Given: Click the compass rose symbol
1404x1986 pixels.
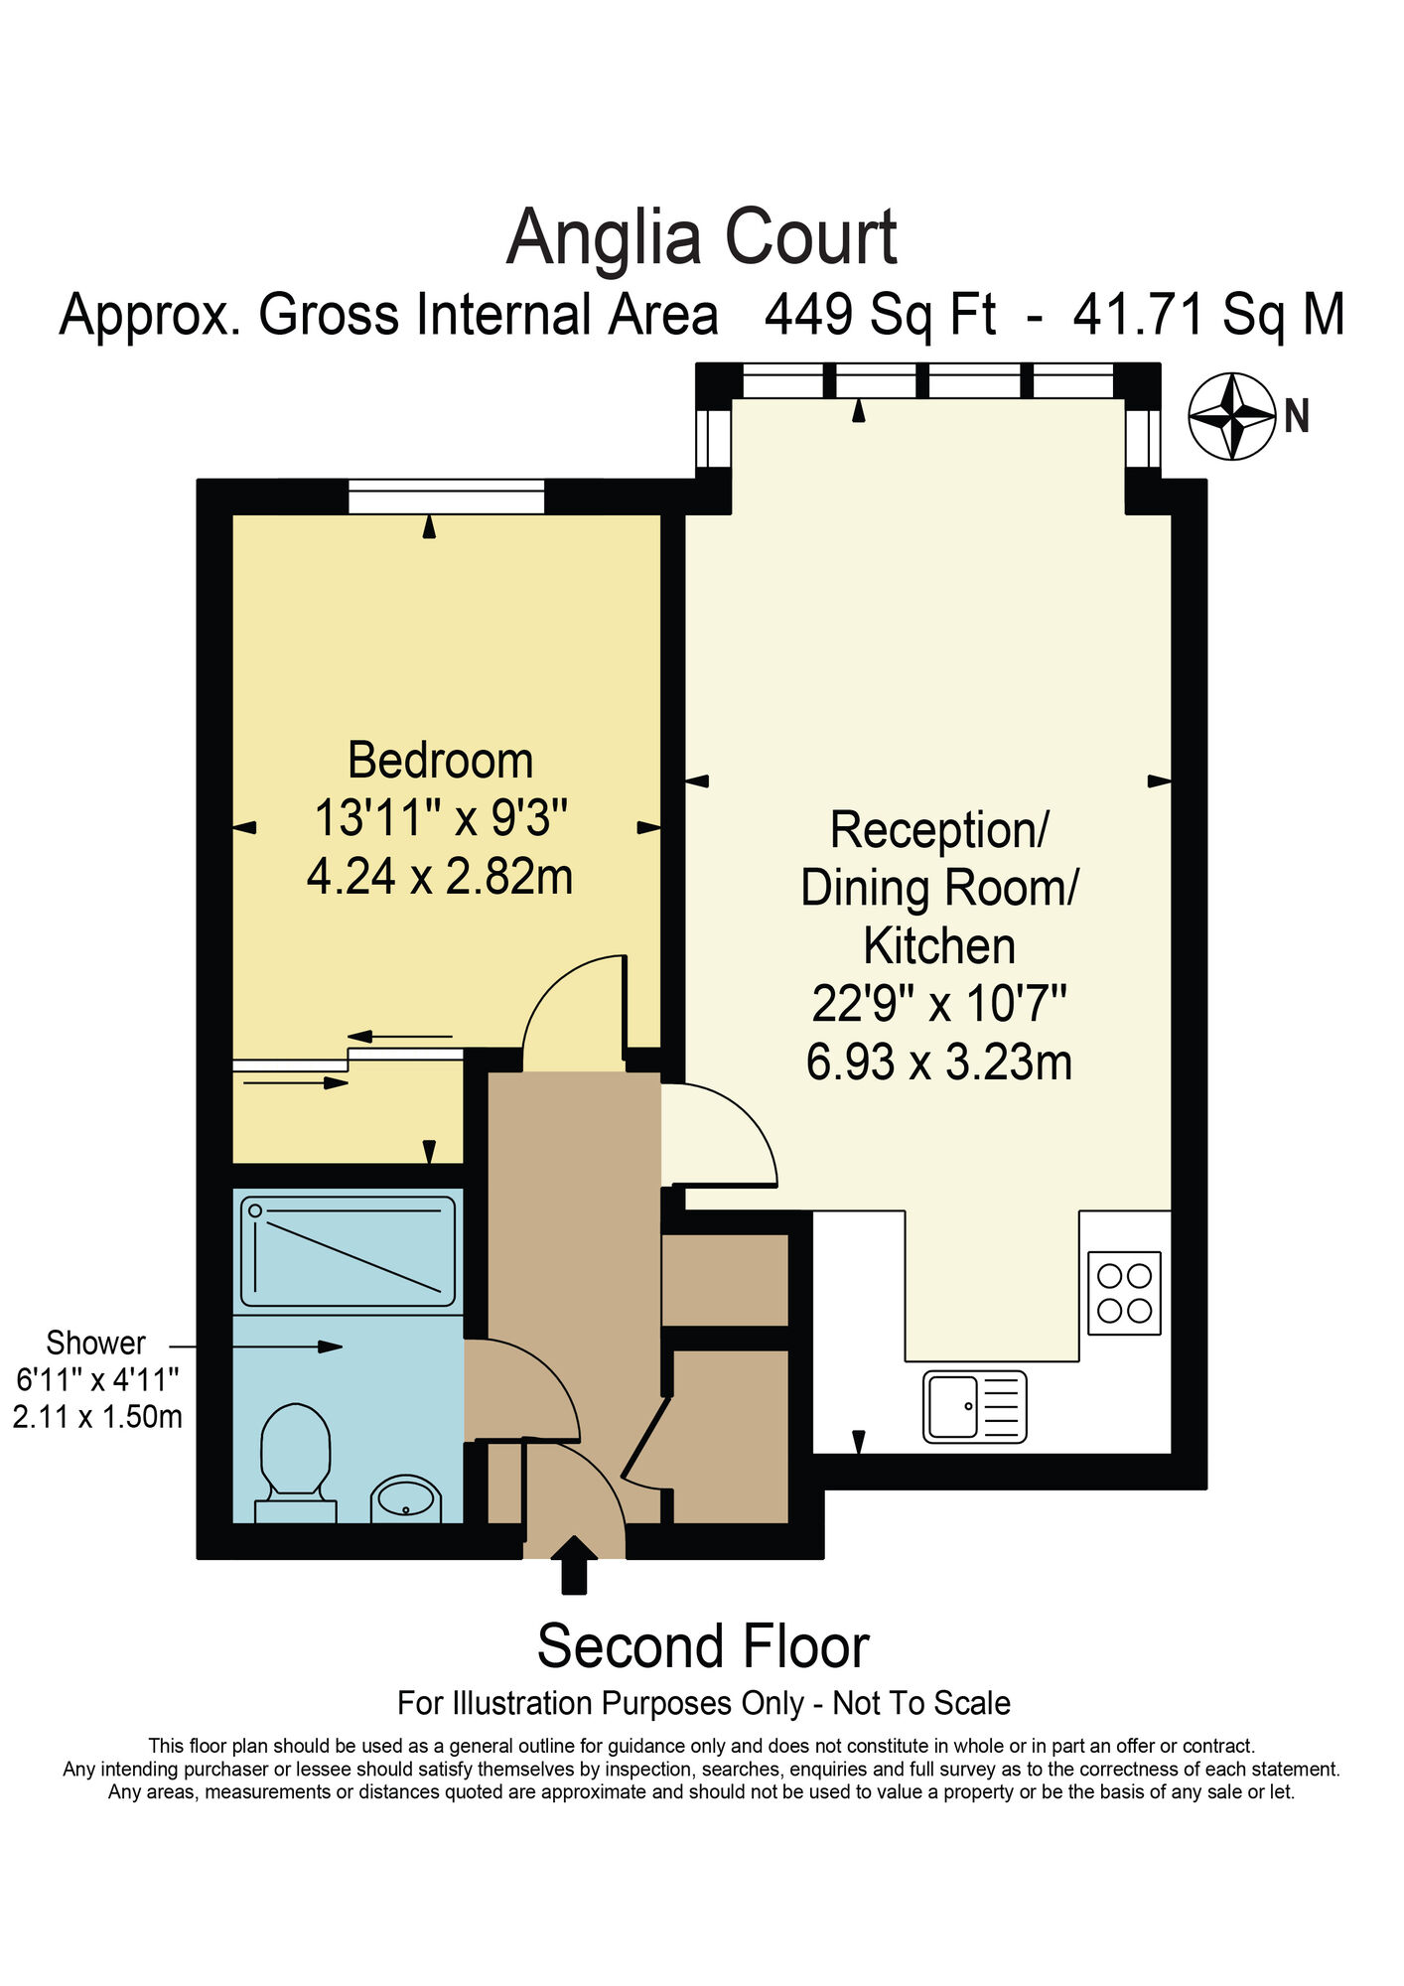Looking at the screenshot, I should (1231, 416).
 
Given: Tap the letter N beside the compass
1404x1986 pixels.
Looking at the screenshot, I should (1297, 416).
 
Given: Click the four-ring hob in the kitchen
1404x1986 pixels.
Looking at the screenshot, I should (1124, 1293).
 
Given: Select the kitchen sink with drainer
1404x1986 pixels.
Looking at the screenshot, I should (974, 1406).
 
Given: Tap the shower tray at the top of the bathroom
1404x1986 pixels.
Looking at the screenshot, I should (348, 1251).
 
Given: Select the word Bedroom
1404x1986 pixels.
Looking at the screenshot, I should (440, 762).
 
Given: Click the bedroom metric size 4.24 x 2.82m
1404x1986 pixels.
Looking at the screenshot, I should (440, 878).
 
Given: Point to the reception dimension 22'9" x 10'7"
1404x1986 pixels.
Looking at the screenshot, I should (938, 1004).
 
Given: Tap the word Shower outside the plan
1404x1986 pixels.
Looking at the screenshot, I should (95, 1344).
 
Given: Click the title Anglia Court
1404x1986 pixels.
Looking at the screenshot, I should (701, 238).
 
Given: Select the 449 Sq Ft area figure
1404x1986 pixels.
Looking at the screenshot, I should (880, 316).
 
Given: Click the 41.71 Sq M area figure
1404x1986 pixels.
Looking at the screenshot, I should (1208, 316).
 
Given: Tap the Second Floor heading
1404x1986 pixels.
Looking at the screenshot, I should (702, 1646).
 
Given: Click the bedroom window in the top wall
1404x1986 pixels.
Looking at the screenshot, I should (446, 496).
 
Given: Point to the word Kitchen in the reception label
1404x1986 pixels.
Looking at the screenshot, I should (938, 946).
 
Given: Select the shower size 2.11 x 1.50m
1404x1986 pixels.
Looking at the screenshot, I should (97, 1417).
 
